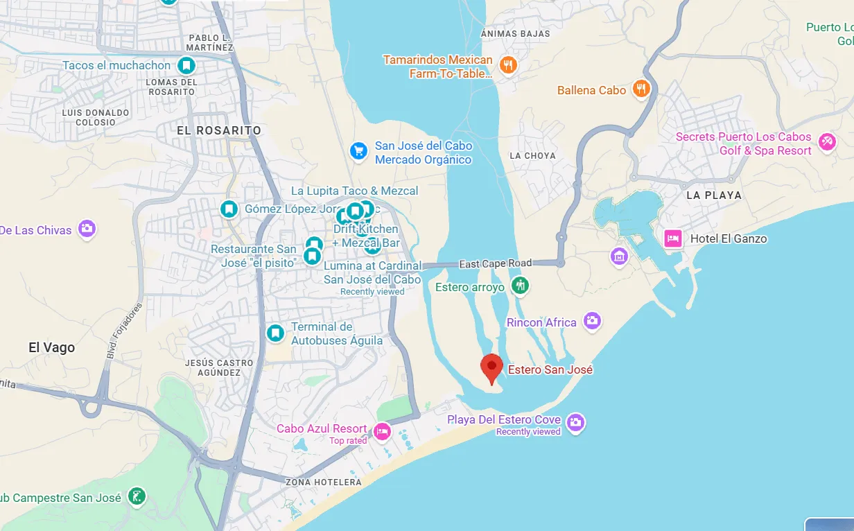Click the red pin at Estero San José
pyautogui.click(x=491, y=367)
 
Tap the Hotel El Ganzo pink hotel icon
pyautogui.click(x=672, y=238)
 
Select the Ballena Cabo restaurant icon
pyautogui.click(x=641, y=89)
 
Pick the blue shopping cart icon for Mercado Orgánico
pyautogui.click(x=358, y=150)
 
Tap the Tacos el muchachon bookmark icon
pyautogui.click(x=186, y=66)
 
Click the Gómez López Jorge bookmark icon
pyautogui.click(x=229, y=209)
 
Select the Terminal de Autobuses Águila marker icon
pyautogui.click(x=275, y=333)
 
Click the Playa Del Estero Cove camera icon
pyautogui.click(x=575, y=421)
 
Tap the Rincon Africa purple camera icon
pyautogui.click(x=592, y=320)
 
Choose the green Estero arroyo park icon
pyautogui.click(x=520, y=285)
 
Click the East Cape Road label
pyautogui.click(x=496, y=263)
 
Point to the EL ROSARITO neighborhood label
pyautogui.click(x=219, y=130)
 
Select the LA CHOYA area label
pyautogui.click(x=532, y=155)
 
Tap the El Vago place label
pyautogui.click(x=51, y=348)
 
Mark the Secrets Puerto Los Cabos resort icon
pyautogui.click(x=826, y=142)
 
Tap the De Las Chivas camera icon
pyautogui.click(x=87, y=229)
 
